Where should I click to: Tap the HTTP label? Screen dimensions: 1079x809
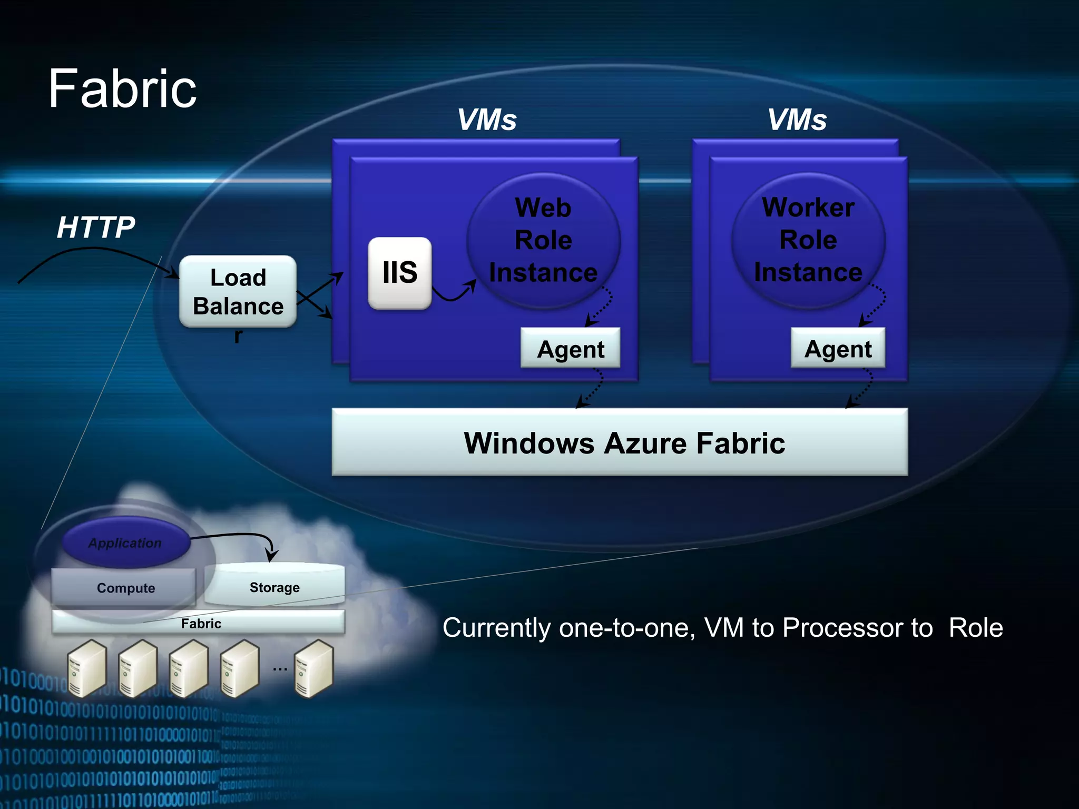[x=96, y=228]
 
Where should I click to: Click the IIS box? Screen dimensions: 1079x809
[x=400, y=273]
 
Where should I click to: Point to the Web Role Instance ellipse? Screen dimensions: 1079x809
[x=543, y=240]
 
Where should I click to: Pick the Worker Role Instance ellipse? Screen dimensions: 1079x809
[x=808, y=240]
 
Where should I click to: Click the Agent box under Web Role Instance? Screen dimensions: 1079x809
[x=571, y=349]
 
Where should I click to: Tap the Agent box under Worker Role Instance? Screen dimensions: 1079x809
[x=838, y=349]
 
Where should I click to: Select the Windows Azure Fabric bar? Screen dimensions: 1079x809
[x=620, y=442]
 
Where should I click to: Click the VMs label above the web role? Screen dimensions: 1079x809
[x=487, y=120]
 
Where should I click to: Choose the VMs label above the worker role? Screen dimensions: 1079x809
[x=797, y=120]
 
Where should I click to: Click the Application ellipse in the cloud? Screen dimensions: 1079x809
[x=125, y=542]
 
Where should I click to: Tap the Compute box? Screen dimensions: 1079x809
[x=125, y=588]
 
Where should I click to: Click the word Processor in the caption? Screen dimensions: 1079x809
[x=857, y=628]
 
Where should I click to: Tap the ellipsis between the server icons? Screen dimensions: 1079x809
[x=280, y=669]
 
